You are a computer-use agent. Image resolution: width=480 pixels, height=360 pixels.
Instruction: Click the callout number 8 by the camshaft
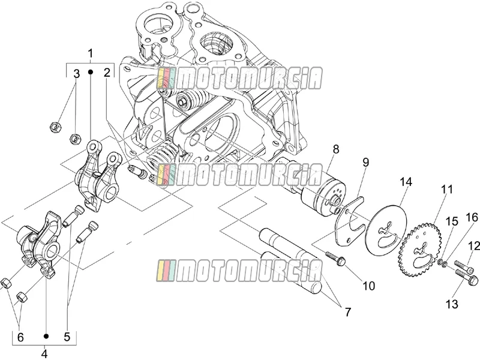tap(336, 149)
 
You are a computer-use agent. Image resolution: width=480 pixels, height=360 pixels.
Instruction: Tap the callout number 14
tap(406, 182)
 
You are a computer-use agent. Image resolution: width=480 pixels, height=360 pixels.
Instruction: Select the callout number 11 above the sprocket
tap(446, 189)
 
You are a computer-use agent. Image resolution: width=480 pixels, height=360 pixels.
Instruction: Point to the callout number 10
tap(368, 286)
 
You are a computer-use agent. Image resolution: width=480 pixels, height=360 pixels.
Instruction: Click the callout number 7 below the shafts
tap(348, 312)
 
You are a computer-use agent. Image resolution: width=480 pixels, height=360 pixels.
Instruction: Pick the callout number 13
tap(452, 304)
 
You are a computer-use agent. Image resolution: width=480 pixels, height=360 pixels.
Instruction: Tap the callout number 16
tap(472, 217)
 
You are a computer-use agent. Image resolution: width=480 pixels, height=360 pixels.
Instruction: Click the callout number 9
tap(366, 162)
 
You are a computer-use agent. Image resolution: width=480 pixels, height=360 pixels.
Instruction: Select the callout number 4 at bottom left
tap(44, 354)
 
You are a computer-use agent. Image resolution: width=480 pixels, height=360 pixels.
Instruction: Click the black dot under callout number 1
tap(91, 71)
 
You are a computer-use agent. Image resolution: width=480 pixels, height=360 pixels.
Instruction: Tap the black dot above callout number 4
tap(46, 336)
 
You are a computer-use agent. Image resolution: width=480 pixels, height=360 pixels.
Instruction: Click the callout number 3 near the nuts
tap(76, 74)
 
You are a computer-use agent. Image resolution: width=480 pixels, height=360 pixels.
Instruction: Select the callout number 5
tap(67, 337)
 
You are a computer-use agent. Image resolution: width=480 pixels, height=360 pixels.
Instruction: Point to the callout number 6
tap(20, 337)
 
